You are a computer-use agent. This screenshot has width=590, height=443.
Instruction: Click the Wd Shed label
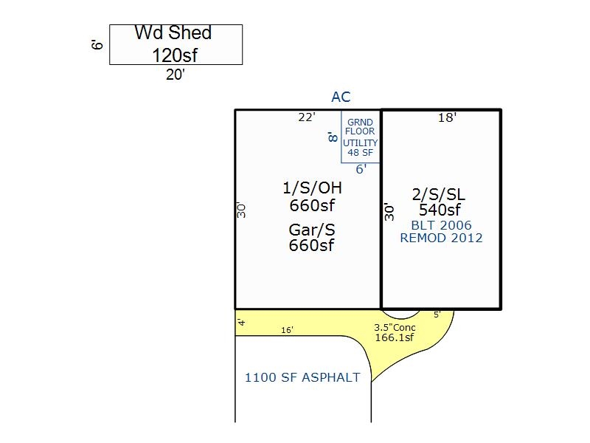coord(173,32)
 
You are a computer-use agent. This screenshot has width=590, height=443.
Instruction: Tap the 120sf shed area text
coord(175,55)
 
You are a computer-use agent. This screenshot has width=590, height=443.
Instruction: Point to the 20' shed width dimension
coord(176,75)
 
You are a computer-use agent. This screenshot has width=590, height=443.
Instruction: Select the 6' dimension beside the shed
coord(97,45)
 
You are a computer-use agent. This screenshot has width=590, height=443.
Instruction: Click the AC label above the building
coord(341,97)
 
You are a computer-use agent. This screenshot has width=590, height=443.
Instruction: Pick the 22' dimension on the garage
coord(307,117)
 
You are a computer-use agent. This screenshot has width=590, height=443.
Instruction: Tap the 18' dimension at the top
coord(447,117)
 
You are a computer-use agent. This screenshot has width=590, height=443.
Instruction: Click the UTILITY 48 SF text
coord(360,148)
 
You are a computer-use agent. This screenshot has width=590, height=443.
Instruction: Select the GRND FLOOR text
coord(360,127)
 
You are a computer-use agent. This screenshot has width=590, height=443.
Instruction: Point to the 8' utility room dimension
coord(333,137)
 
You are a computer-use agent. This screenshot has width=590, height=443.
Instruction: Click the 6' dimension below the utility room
coord(361,169)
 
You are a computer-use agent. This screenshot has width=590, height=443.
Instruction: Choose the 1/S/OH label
coord(312,188)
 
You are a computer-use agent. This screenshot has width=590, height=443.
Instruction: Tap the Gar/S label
coord(311,230)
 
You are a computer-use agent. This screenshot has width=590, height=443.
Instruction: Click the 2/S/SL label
coord(439,194)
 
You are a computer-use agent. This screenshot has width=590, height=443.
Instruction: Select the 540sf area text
coord(440,210)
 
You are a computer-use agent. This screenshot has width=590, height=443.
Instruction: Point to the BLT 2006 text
coord(441,225)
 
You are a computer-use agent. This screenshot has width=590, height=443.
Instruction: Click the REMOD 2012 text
coord(441,238)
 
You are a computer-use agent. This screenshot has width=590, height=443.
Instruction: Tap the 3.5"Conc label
coord(395,327)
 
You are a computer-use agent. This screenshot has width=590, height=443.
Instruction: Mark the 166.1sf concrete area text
coord(395,337)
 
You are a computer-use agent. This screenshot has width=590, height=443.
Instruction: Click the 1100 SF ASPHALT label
coord(302,377)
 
